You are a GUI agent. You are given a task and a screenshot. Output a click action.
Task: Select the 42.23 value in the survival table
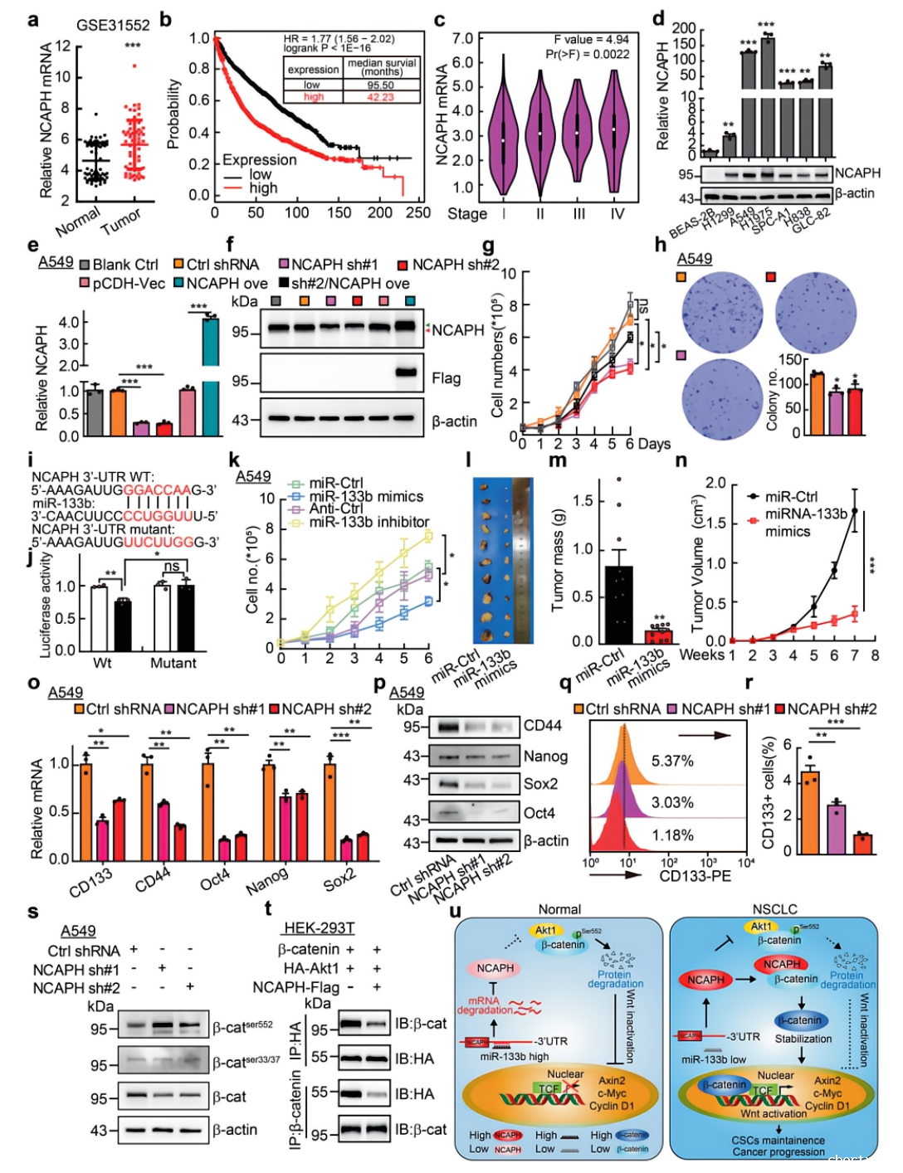tap(380, 97)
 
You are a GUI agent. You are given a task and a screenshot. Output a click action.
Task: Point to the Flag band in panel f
tap(406, 372)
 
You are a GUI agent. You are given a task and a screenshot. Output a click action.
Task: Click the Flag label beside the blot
tap(446, 378)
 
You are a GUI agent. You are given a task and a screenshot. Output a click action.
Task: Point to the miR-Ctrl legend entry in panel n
tap(790, 496)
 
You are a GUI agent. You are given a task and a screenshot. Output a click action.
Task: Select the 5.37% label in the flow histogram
tap(672, 761)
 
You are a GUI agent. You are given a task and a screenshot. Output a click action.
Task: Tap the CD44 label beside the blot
tap(542, 726)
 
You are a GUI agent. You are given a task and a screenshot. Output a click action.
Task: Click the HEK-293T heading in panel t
tap(319, 927)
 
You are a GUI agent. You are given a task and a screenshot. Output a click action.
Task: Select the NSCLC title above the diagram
tap(774, 909)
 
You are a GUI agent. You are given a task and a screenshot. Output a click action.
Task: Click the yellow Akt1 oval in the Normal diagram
tap(545, 930)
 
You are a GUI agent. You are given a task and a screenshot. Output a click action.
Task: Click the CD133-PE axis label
tap(696, 876)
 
